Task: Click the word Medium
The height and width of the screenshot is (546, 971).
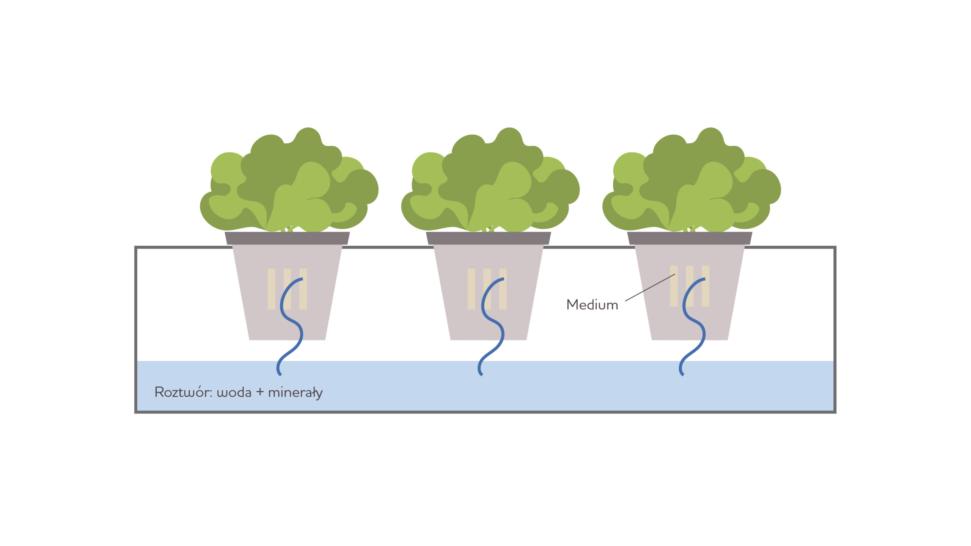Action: pos(592,305)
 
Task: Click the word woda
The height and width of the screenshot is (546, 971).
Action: pos(234,392)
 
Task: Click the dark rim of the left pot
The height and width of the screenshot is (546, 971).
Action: pos(287,238)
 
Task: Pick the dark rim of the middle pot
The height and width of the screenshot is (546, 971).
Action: pos(488,238)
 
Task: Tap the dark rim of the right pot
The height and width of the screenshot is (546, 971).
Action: pos(690,238)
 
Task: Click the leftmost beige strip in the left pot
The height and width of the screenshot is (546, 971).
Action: pos(272,289)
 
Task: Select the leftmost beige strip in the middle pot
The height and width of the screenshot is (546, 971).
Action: pos(471,289)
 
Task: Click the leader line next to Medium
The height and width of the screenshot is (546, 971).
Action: pos(650,287)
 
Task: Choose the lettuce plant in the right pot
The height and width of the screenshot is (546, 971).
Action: pos(691,182)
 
